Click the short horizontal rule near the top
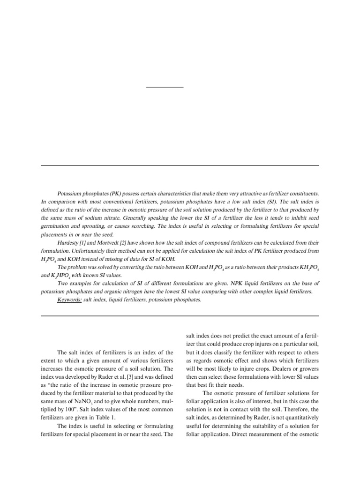click(x=165, y=87)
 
